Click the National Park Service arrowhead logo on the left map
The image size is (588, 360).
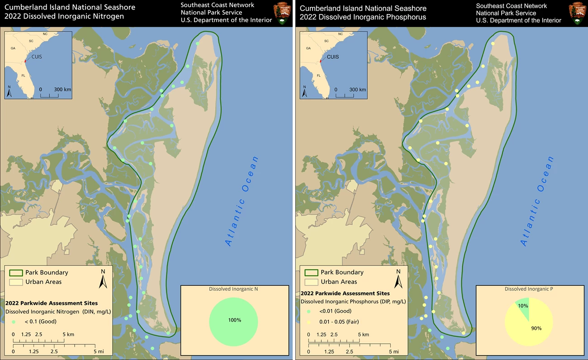(282, 13)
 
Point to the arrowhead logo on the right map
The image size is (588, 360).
(578, 13)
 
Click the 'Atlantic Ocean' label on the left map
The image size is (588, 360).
(242, 201)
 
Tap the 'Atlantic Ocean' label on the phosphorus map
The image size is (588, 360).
(537, 201)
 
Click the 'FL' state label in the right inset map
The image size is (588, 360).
(319, 76)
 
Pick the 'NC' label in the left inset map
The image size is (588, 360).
(45, 34)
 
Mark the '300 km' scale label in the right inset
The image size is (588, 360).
(357, 90)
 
